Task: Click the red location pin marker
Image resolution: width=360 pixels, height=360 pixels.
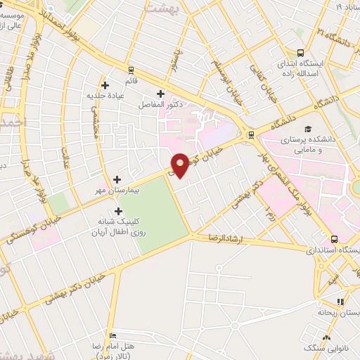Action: [180, 165]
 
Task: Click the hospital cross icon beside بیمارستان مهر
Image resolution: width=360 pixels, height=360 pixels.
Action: [117, 179]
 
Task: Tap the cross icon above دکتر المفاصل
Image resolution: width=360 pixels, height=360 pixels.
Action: [160, 93]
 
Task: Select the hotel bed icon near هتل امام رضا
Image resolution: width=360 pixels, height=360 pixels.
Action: [111, 335]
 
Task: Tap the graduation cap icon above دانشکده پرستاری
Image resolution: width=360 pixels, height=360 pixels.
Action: [307, 129]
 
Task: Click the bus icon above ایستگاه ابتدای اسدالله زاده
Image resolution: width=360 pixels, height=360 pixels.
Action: [300, 53]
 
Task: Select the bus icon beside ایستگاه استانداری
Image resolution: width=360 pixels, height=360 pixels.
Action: [334, 239]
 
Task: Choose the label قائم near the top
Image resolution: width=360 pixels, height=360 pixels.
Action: [131, 71]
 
